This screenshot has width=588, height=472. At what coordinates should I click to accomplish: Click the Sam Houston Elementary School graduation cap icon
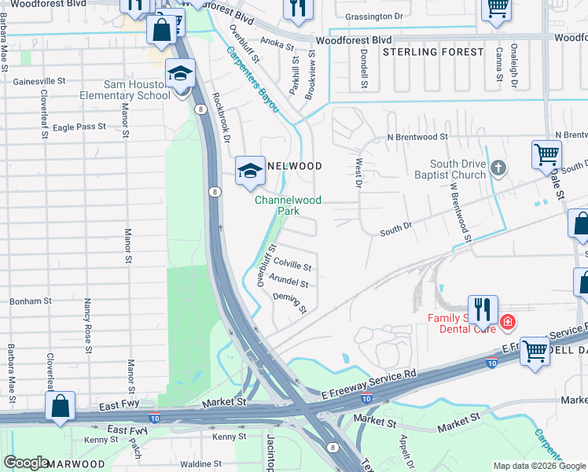pyautogui.click(x=180, y=75)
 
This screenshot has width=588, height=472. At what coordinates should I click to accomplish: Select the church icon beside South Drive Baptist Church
pyautogui.click(x=497, y=168)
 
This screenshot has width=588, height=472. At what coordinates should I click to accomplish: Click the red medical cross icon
pyautogui.click(x=507, y=322)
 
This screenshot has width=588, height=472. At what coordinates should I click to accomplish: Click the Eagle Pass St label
pyautogui.click(x=79, y=127)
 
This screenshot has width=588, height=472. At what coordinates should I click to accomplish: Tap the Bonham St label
pyautogui.click(x=31, y=301)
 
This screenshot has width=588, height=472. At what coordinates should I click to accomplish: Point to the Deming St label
pyautogui.click(x=288, y=302)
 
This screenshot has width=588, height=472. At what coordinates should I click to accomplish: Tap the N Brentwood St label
pyautogui.click(x=417, y=137)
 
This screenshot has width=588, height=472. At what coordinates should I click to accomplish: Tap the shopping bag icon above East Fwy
pyautogui.click(x=61, y=407)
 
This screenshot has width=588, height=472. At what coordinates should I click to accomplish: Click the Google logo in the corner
pyautogui.click(x=26, y=462)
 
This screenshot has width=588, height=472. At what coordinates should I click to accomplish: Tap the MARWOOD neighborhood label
pyautogui.click(x=75, y=464)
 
